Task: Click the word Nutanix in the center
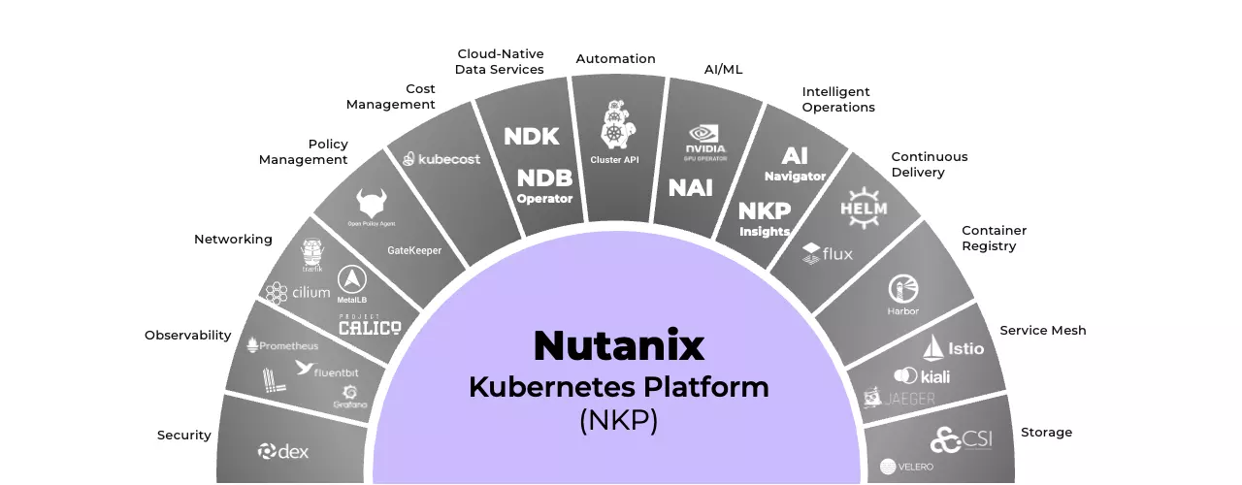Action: tap(619, 345)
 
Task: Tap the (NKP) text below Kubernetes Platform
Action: tap(619, 422)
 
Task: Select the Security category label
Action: tap(184, 436)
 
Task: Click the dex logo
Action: tap(283, 451)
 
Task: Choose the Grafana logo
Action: tap(349, 398)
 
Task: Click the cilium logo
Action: tap(298, 292)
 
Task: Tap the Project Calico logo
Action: tap(369, 326)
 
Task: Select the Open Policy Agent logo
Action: tap(372, 208)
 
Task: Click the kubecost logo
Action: tap(442, 159)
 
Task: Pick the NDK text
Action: tap(532, 137)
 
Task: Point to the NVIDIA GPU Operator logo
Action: tap(706, 142)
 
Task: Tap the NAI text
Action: tap(690, 188)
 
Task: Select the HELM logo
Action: tap(864, 206)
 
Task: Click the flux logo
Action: tap(828, 254)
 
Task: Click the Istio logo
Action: tap(953, 347)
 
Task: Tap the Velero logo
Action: tap(907, 467)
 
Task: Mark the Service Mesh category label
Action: tap(1043, 331)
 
